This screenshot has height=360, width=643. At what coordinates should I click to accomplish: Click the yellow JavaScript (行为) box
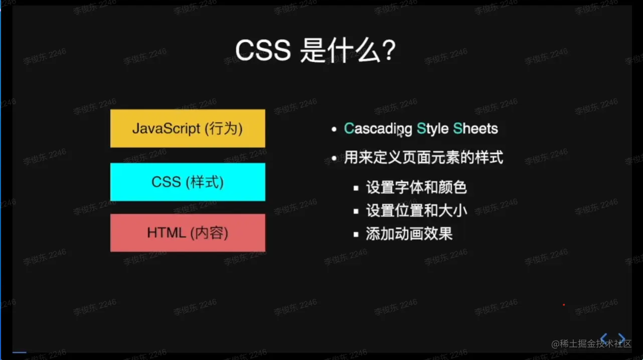tap(188, 129)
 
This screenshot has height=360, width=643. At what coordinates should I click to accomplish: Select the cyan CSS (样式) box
tap(188, 182)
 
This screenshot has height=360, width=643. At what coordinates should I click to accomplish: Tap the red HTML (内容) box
tap(188, 233)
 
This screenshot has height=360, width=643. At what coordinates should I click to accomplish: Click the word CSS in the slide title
tap(263, 51)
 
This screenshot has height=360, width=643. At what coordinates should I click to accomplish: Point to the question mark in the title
tap(388, 51)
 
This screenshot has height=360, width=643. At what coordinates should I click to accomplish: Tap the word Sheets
tap(475, 129)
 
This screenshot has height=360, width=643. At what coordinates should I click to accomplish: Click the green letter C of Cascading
tap(349, 129)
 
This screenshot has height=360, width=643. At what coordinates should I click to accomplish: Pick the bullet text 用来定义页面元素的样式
tap(423, 158)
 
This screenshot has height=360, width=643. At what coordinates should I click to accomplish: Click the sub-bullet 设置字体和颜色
tap(416, 188)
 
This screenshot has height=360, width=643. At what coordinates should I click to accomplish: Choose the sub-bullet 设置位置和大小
tap(416, 211)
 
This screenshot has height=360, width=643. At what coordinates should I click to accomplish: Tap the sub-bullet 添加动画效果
tap(409, 234)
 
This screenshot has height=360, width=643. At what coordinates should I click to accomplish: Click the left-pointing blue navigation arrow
tap(604, 339)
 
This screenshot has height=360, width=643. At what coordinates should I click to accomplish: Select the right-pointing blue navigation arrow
tap(622, 339)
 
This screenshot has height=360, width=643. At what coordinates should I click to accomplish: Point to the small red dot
tap(564, 305)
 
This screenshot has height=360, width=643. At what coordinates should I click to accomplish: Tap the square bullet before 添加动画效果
tap(356, 234)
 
